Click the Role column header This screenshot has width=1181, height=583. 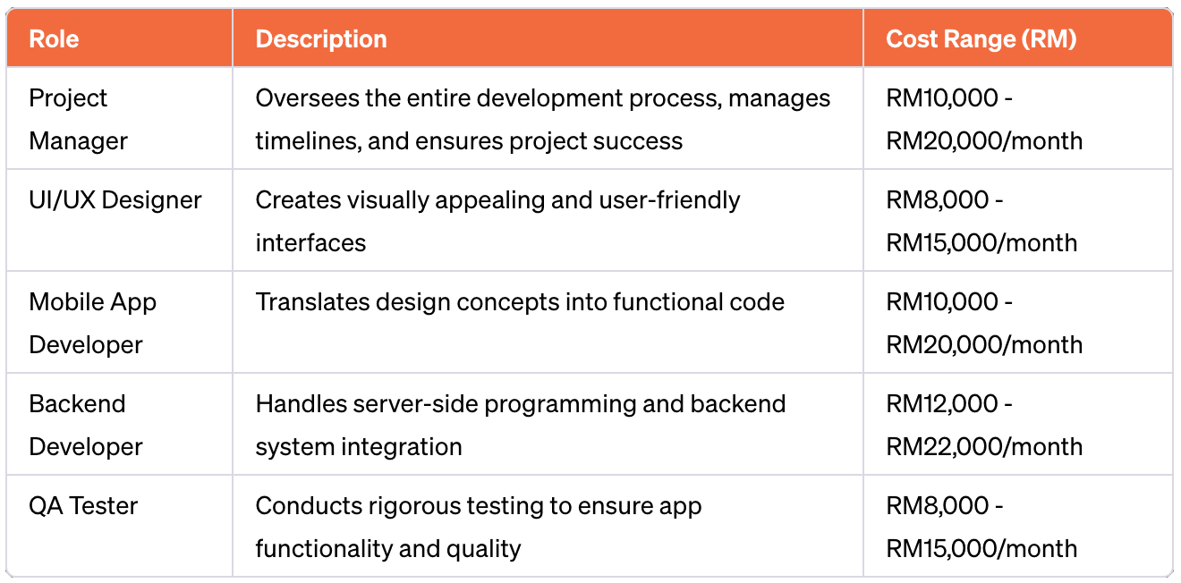54,39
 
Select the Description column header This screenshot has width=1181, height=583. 321,39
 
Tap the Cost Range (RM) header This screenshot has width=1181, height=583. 981,39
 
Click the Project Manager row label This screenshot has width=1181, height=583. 78,119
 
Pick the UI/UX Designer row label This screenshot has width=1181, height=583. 115,200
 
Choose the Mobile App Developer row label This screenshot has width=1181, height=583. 92,323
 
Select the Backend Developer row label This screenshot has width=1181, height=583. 85,425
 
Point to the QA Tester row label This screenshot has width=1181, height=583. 83,506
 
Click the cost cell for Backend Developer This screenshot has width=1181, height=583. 984,425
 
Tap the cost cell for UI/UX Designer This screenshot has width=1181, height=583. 981,222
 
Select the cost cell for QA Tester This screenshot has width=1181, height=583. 981,528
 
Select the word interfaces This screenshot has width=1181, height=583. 310,243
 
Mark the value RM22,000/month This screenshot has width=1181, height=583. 984,447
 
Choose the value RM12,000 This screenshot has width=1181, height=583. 941,404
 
